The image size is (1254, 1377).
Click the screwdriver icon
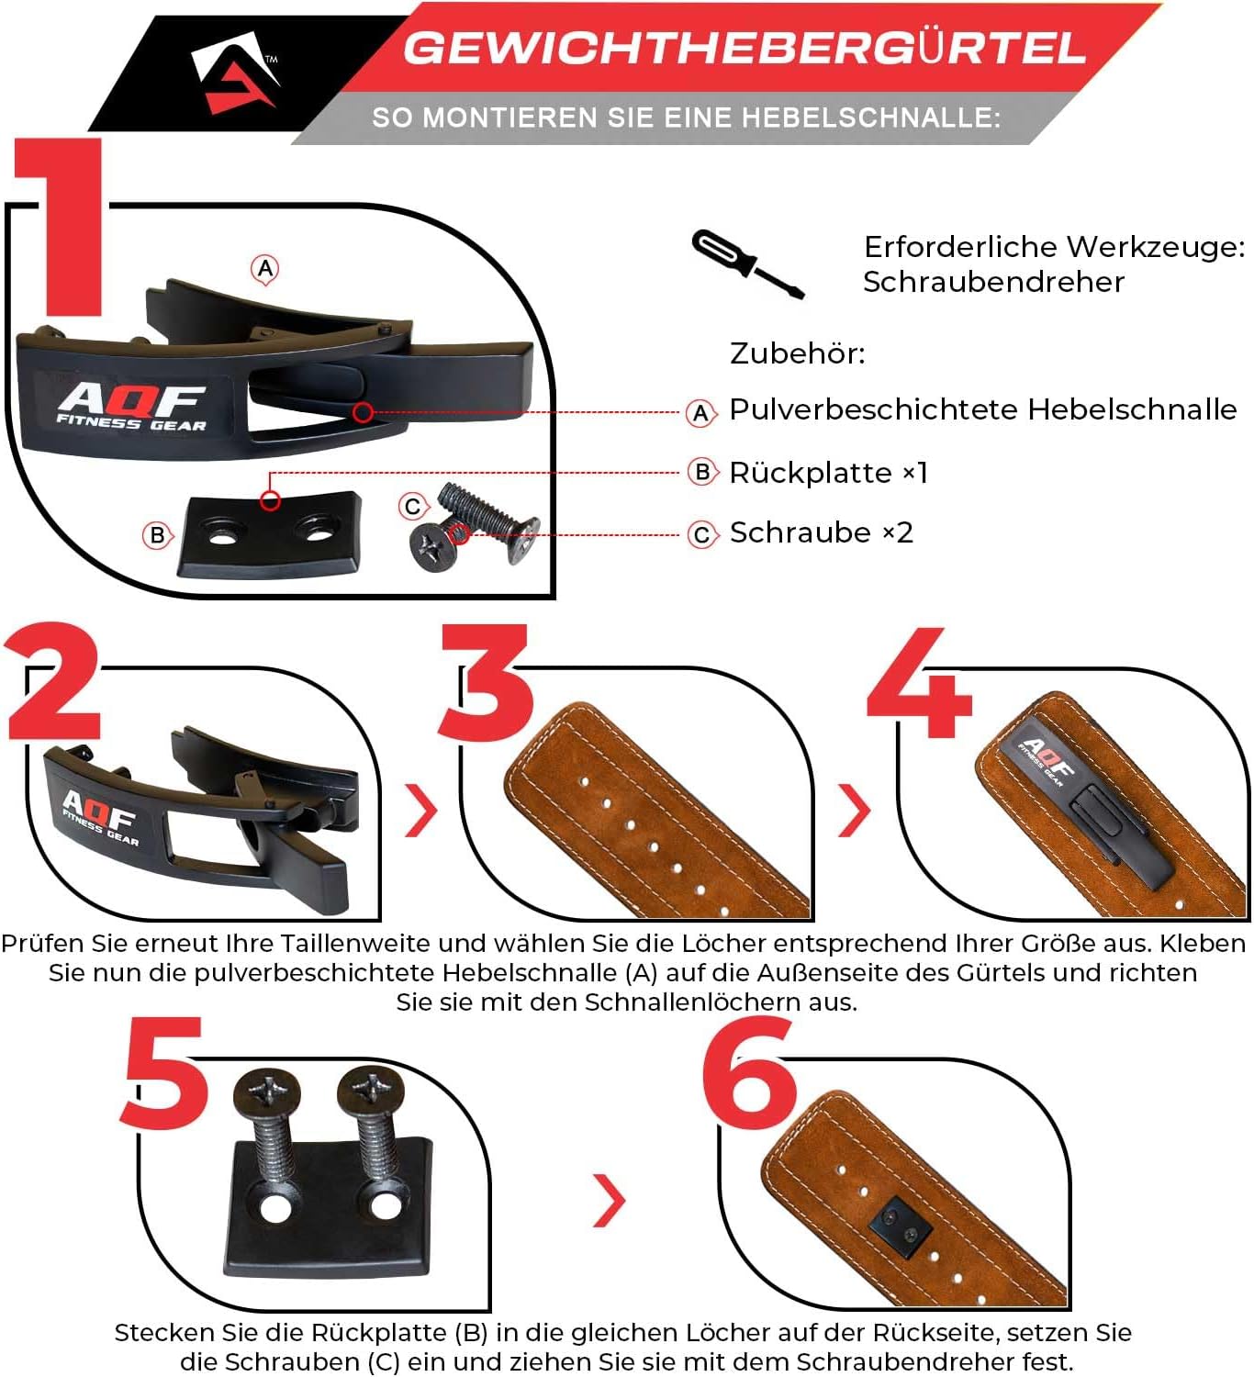click(747, 263)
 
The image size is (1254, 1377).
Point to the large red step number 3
click(487, 682)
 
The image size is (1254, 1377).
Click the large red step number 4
click(920, 683)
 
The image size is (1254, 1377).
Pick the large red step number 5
click(165, 1071)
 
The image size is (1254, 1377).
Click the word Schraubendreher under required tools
click(993, 282)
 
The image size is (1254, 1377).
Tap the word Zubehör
click(797, 353)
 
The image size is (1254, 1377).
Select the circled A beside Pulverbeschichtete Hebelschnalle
click(701, 413)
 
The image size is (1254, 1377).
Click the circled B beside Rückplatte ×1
click(702, 472)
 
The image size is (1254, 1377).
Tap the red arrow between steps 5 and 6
click(610, 1200)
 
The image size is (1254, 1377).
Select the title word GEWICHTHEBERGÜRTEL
click(745, 48)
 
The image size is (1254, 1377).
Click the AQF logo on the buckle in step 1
click(131, 405)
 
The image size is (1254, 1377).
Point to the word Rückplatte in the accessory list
click(811, 472)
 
